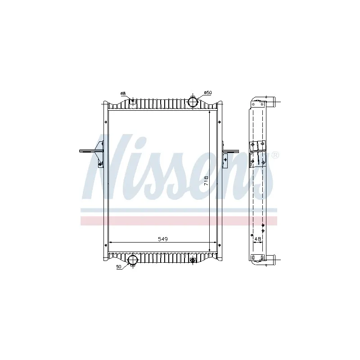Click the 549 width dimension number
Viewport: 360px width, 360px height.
tap(162, 240)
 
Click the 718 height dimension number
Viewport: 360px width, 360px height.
tap(206, 180)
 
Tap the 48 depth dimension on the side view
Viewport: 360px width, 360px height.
tap(258, 238)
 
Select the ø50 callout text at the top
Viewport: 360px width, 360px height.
tap(207, 93)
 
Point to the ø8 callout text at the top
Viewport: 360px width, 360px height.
tap(123, 94)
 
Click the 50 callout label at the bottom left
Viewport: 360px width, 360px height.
tap(119, 267)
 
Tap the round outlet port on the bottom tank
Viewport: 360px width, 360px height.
tap(133, 260)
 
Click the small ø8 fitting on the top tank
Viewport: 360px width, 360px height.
tap(132, 101)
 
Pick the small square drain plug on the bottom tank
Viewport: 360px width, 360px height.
tap(193, 260)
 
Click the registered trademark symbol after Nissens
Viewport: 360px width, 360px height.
tap(275, 155)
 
